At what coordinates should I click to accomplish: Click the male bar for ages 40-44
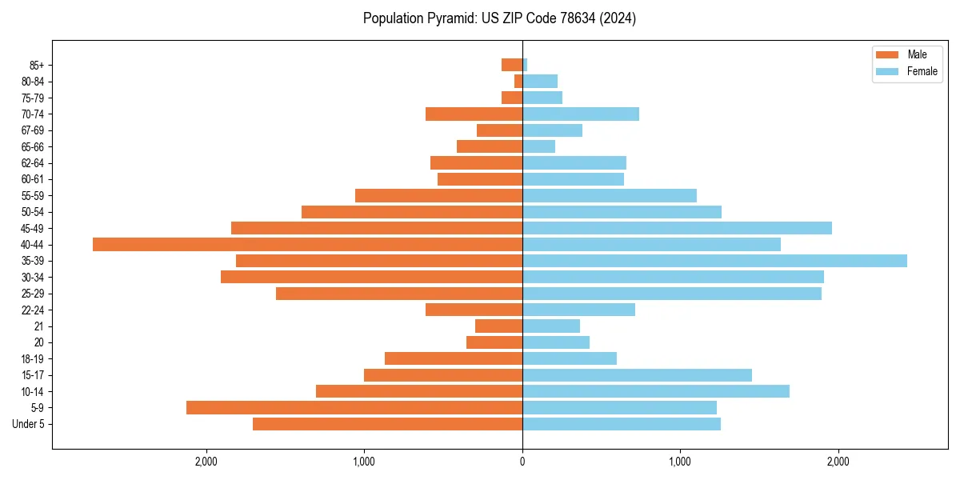click(307, 244)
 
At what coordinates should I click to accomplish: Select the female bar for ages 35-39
click(714, 261)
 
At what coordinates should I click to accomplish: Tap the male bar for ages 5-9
click(354, 407)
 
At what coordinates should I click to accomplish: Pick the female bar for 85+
click(525, 65)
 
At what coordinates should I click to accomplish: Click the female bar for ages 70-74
click(581, 114)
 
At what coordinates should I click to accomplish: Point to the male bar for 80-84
click(518, 81)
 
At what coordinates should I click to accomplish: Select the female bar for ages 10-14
click(656, 391)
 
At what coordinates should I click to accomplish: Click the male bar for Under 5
click(388, 424)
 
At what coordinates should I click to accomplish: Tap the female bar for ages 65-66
click(538, 146)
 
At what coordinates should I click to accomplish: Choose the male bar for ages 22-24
click(474, 310)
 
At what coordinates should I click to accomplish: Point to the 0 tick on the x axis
click(522, 462)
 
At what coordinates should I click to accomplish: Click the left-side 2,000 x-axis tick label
click(206, 462)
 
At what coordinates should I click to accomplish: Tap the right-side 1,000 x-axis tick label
click(680, 462)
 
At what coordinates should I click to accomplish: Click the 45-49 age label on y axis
click(33, 228)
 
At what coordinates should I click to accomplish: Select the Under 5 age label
click(29, 424)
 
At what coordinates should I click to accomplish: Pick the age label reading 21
click(39, 326)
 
